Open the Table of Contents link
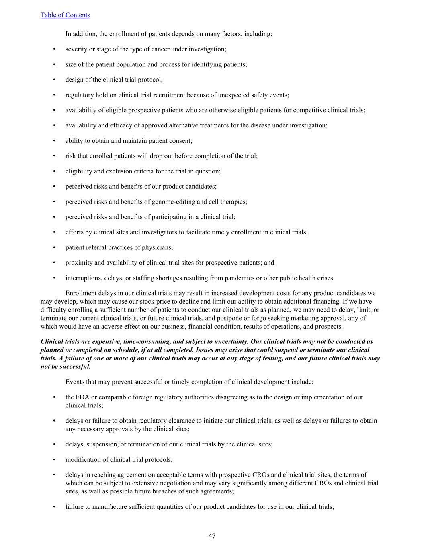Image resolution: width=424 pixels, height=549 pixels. tap(65, 15)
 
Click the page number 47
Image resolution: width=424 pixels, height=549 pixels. tap(212, 536)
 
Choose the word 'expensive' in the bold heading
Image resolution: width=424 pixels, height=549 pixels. tap(107, 342)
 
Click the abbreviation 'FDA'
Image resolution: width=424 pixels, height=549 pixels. tap(82, 397)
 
